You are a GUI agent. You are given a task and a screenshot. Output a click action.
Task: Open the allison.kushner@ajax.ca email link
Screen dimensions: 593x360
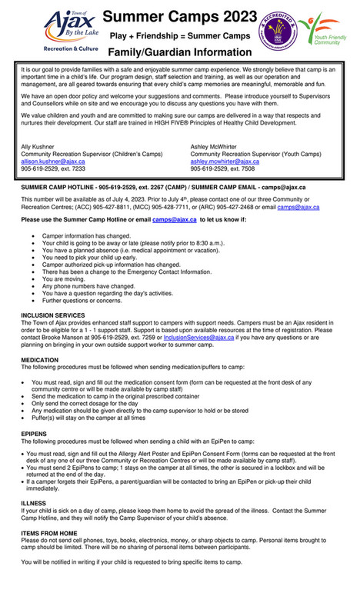[x=53, y=162]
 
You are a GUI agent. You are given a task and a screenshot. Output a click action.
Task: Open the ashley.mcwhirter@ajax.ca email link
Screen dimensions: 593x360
[x=225, y=162]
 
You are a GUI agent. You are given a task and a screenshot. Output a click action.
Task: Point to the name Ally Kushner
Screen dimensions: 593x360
[x=38, y=146]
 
